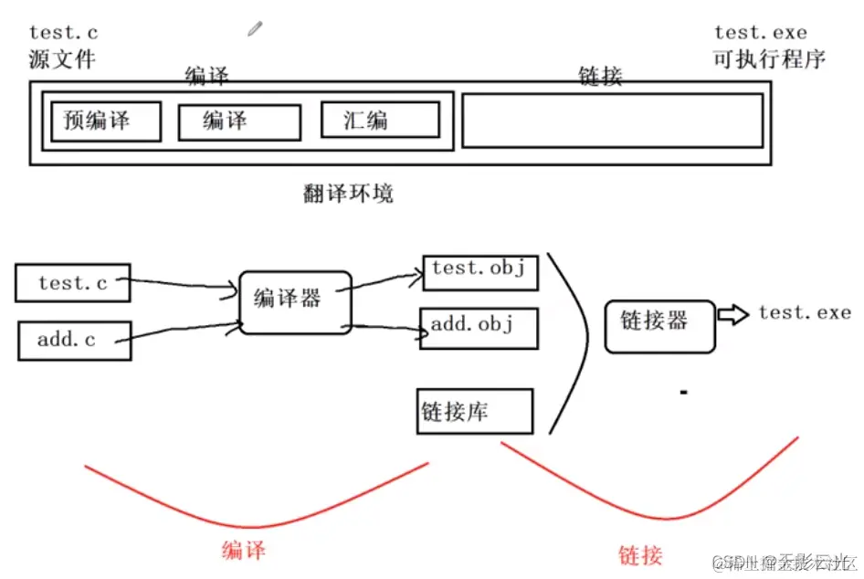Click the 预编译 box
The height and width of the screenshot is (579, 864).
coord(105,121)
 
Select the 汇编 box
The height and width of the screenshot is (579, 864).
coord(380,120)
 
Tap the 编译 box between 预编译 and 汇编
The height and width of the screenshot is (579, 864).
coord(238,121)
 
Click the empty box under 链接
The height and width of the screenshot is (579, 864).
coord(612,120)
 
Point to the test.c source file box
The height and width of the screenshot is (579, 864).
coord(73,283)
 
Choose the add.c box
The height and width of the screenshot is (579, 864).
coord(73,341)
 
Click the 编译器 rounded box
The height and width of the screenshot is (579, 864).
coord(294,300)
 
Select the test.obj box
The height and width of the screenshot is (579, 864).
coord(480,271)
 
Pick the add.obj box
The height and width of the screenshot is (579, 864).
coord(479,328)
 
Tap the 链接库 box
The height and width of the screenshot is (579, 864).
coord(474,411)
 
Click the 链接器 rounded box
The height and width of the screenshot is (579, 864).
coord(659,325)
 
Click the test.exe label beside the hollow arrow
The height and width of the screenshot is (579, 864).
coord(805,313)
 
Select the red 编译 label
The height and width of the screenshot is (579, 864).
coord(244,551)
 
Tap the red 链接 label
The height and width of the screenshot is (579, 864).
coord(639,553)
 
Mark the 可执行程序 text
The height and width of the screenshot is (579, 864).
coord(769,59)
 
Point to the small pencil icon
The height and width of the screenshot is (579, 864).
coord(255,28)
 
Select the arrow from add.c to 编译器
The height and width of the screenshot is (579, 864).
coord(183,332)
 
